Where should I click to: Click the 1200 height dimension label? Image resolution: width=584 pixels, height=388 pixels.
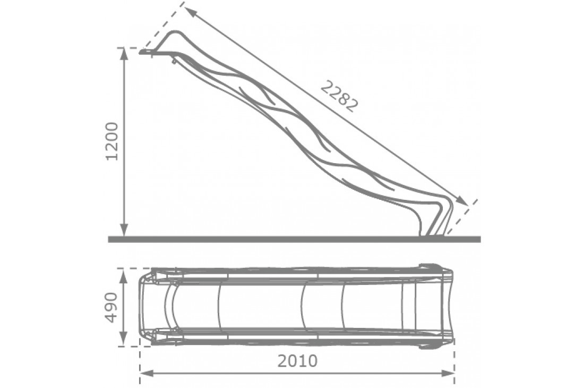112,141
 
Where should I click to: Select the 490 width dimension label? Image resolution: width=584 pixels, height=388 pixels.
111,308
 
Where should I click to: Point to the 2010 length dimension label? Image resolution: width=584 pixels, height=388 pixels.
297,361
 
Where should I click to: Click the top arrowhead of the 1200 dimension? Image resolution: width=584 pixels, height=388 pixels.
125,54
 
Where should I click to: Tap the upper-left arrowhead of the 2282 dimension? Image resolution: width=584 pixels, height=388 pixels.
190,12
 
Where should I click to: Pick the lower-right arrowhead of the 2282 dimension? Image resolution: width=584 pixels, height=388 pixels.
462,200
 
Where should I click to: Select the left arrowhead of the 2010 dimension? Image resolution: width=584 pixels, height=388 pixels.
146,373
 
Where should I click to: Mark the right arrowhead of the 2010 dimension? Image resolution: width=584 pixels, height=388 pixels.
448,373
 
